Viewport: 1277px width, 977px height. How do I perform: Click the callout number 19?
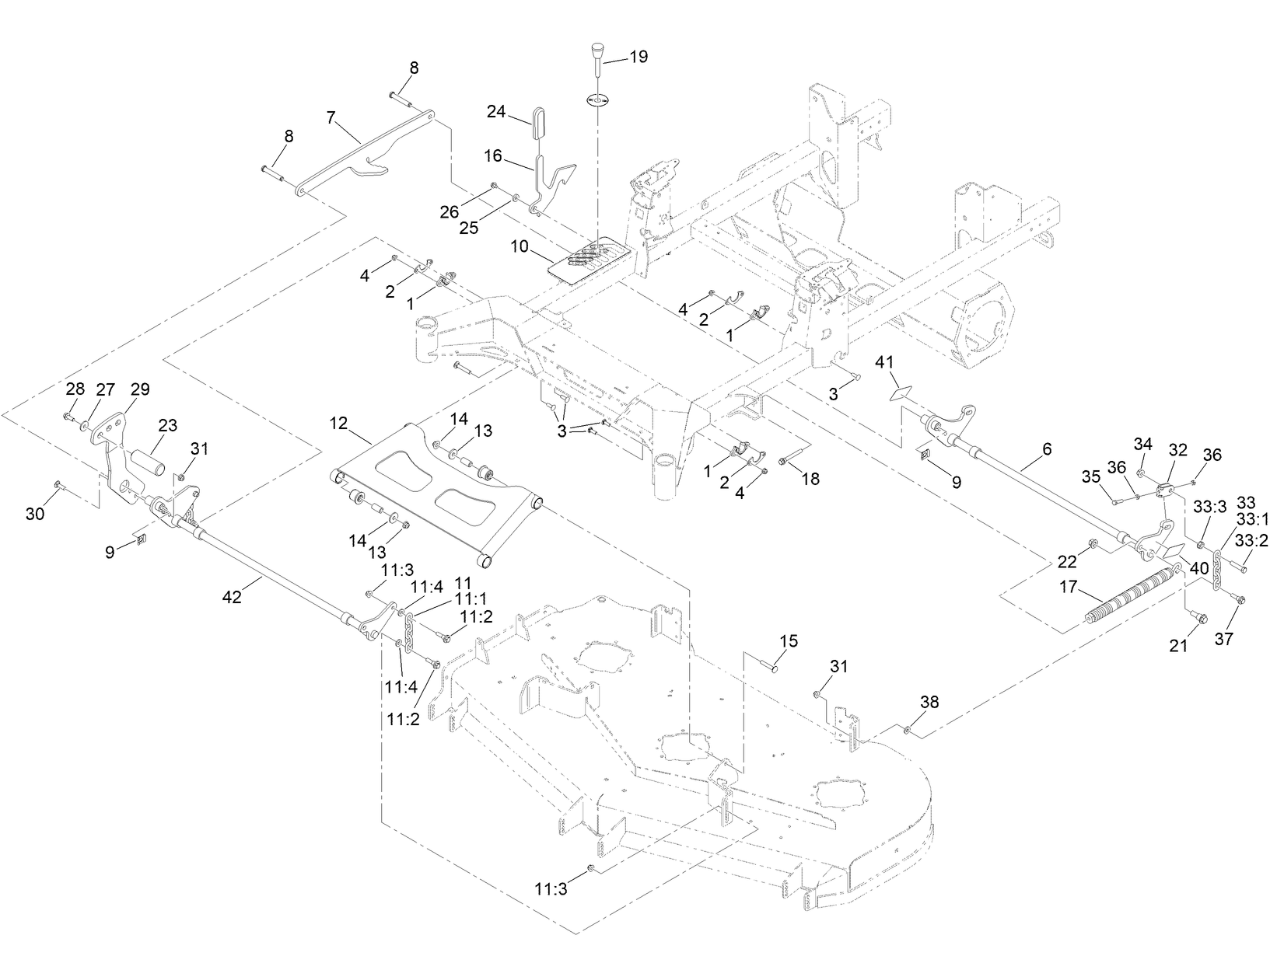pos(638,58)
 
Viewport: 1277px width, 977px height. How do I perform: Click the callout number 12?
pos(338,424)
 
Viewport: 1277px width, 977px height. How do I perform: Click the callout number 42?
pos(232,596)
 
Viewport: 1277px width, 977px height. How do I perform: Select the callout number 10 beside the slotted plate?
pos(520,246)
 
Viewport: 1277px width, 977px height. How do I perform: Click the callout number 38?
pos(929,702)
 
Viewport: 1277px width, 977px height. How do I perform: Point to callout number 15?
pos(788,641)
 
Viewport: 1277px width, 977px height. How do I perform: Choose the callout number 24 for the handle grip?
pos(496,111)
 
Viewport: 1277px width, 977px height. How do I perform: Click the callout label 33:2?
pos(1251,541)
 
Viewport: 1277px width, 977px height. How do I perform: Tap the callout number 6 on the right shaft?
pos(1047,448)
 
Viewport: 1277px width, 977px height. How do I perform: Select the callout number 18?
pos(810,479)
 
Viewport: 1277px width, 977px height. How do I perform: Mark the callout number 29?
pos(140,389)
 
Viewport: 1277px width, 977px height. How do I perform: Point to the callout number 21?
pos(1179,644)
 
